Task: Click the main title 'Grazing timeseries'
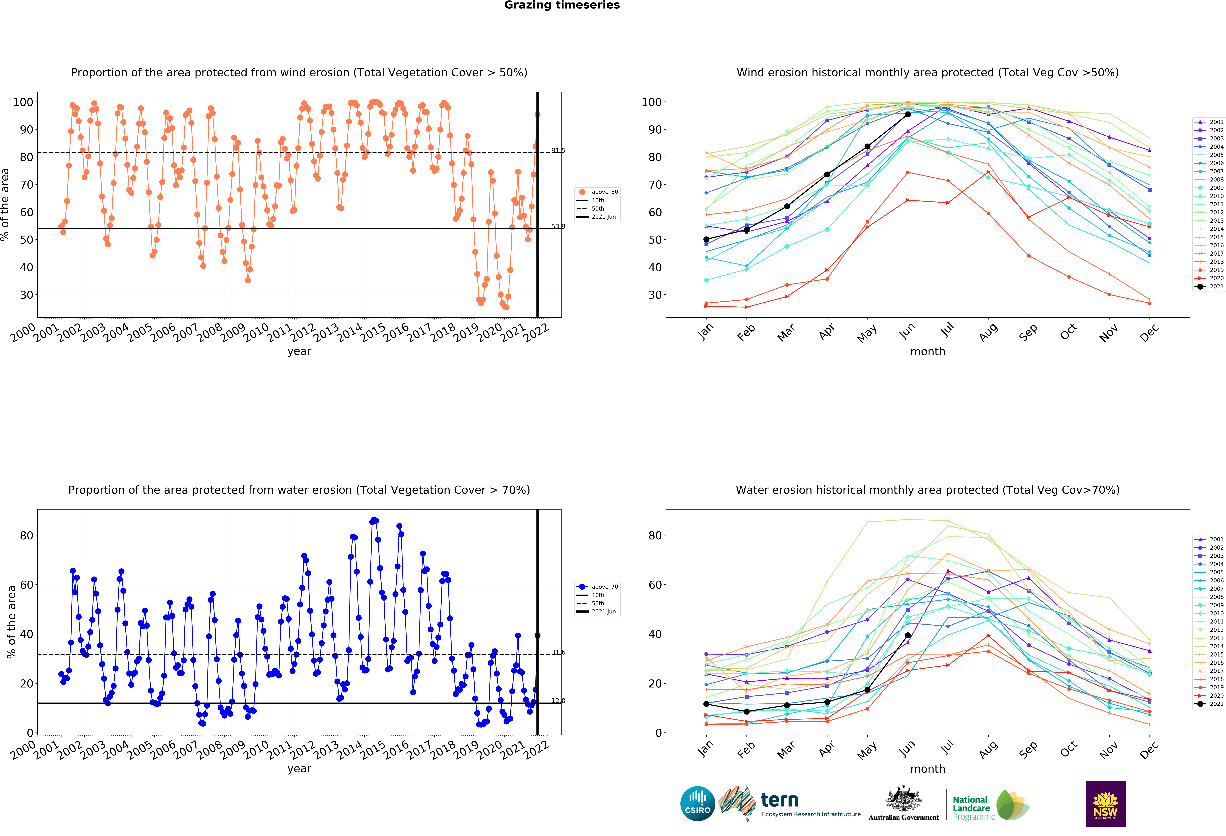[562, 5]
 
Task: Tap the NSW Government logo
[1105, 803]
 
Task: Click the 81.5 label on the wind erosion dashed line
[558, 151]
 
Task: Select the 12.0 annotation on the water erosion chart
[558, 701]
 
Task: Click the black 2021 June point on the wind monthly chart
[907, 114]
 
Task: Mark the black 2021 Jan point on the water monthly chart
[706, 704]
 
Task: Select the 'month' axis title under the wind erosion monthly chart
[927, 351]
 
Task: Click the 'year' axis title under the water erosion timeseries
[299, 769]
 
